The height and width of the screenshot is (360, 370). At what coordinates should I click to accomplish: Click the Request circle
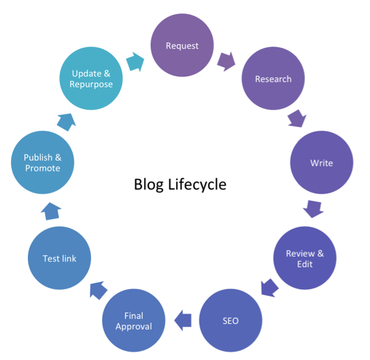pos(182,46)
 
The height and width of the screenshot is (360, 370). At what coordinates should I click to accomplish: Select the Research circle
pos(273,79)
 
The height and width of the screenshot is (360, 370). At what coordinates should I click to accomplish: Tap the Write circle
pos(321,163)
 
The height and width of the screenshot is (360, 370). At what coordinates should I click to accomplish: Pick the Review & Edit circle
pos(304,258)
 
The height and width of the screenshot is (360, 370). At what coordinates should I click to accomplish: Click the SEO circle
pos(230,321)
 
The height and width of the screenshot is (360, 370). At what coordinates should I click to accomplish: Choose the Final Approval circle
pos(133,321)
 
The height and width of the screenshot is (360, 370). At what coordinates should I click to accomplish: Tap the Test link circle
pos(60,258)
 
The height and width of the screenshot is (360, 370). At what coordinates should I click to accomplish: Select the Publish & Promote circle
pos(42,163)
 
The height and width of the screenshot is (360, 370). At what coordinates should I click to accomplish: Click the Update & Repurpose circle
pos(92,79)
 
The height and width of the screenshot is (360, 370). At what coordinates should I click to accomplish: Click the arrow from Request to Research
pos(227,60)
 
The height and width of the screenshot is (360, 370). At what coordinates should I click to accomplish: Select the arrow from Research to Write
pos(297,119)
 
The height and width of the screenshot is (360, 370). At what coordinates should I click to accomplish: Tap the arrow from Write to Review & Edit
pos(314,208)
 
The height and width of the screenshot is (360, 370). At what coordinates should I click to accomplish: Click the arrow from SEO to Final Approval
pos(183,319)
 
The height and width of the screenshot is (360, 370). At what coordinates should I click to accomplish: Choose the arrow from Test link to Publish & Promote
pos(50,211)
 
